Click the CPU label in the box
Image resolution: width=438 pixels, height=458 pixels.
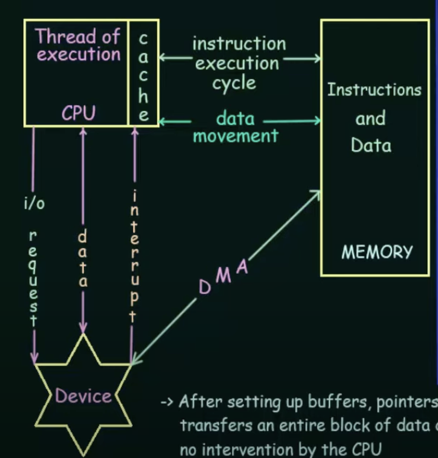pyautogui.click(x=78, y=113)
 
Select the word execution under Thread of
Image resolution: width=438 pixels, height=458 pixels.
pyautogui.click(x=78, y=54)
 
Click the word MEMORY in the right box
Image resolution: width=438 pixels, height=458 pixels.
pyautogui.click(x=377, y=252)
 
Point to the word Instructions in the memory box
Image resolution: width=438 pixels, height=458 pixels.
pyautogui.click(x=374, y=90)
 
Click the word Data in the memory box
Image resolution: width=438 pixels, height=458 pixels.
pyautogui.click(x=371, y=145)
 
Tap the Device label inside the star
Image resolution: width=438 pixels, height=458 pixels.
pyautogui.click(x=83, y=396)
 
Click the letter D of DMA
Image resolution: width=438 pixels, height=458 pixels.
pyautogui.click(x=204, y=287)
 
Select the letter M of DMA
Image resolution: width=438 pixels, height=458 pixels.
pyautogui.click(x=224, y=276)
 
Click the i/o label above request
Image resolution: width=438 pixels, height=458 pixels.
pyautogui.click(x=34, y=203)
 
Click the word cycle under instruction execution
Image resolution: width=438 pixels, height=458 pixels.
pyautogui.click(x=234, y=83)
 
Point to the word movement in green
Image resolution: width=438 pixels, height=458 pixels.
pyautogui.click(x=235, y=136)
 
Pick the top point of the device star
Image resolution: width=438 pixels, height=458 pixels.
pyautogui.click(x=83, y=335)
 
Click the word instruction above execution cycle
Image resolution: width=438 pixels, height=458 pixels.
pyautogui.click(x=239, y=44)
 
